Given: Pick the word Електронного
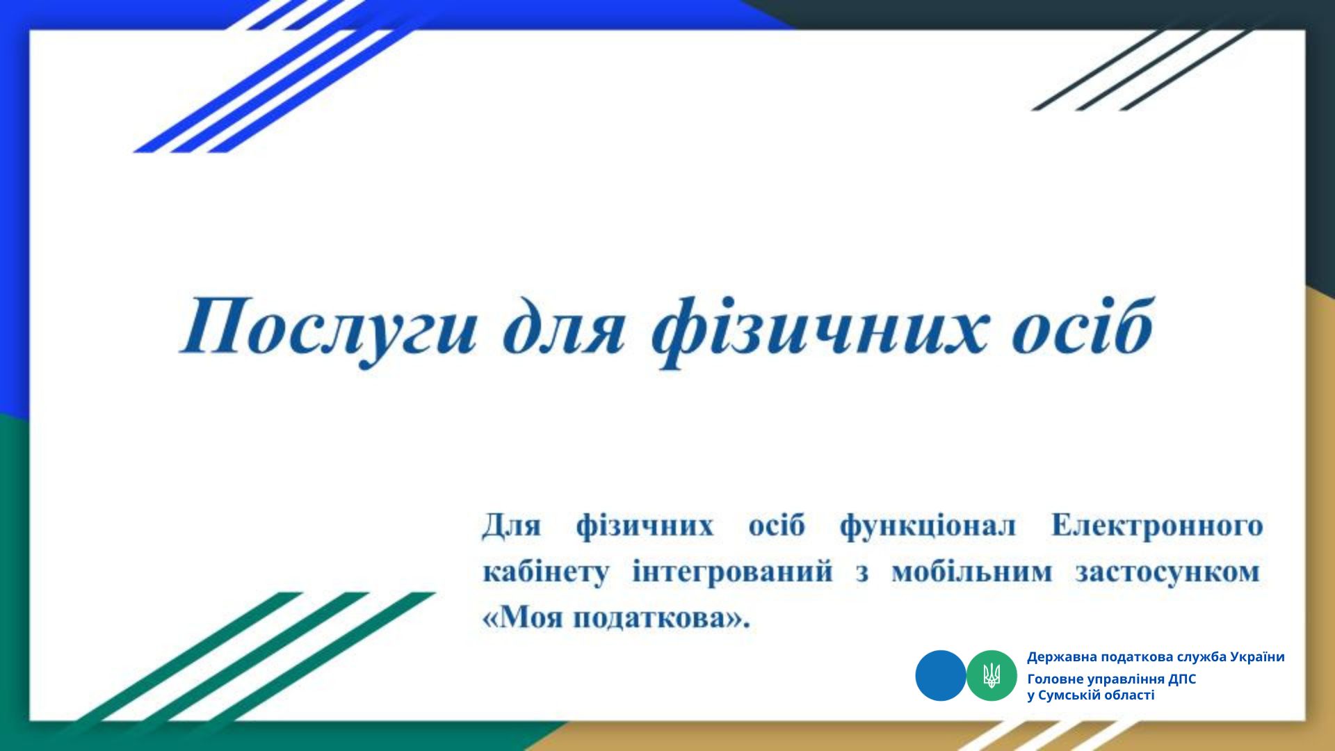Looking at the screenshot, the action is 1157,526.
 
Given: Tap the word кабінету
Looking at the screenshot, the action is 545,573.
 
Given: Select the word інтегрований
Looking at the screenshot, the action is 732,573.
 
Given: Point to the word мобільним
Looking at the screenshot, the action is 972,572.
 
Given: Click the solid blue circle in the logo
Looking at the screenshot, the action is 941,675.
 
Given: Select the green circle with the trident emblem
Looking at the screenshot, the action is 992,675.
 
